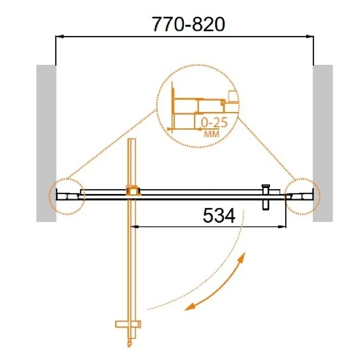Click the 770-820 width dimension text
189,24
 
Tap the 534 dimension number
219,216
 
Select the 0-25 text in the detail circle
214,122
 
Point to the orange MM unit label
211,134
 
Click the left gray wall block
46,143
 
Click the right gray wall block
323,143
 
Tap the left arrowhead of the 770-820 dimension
59,36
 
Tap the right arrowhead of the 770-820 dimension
310,36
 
